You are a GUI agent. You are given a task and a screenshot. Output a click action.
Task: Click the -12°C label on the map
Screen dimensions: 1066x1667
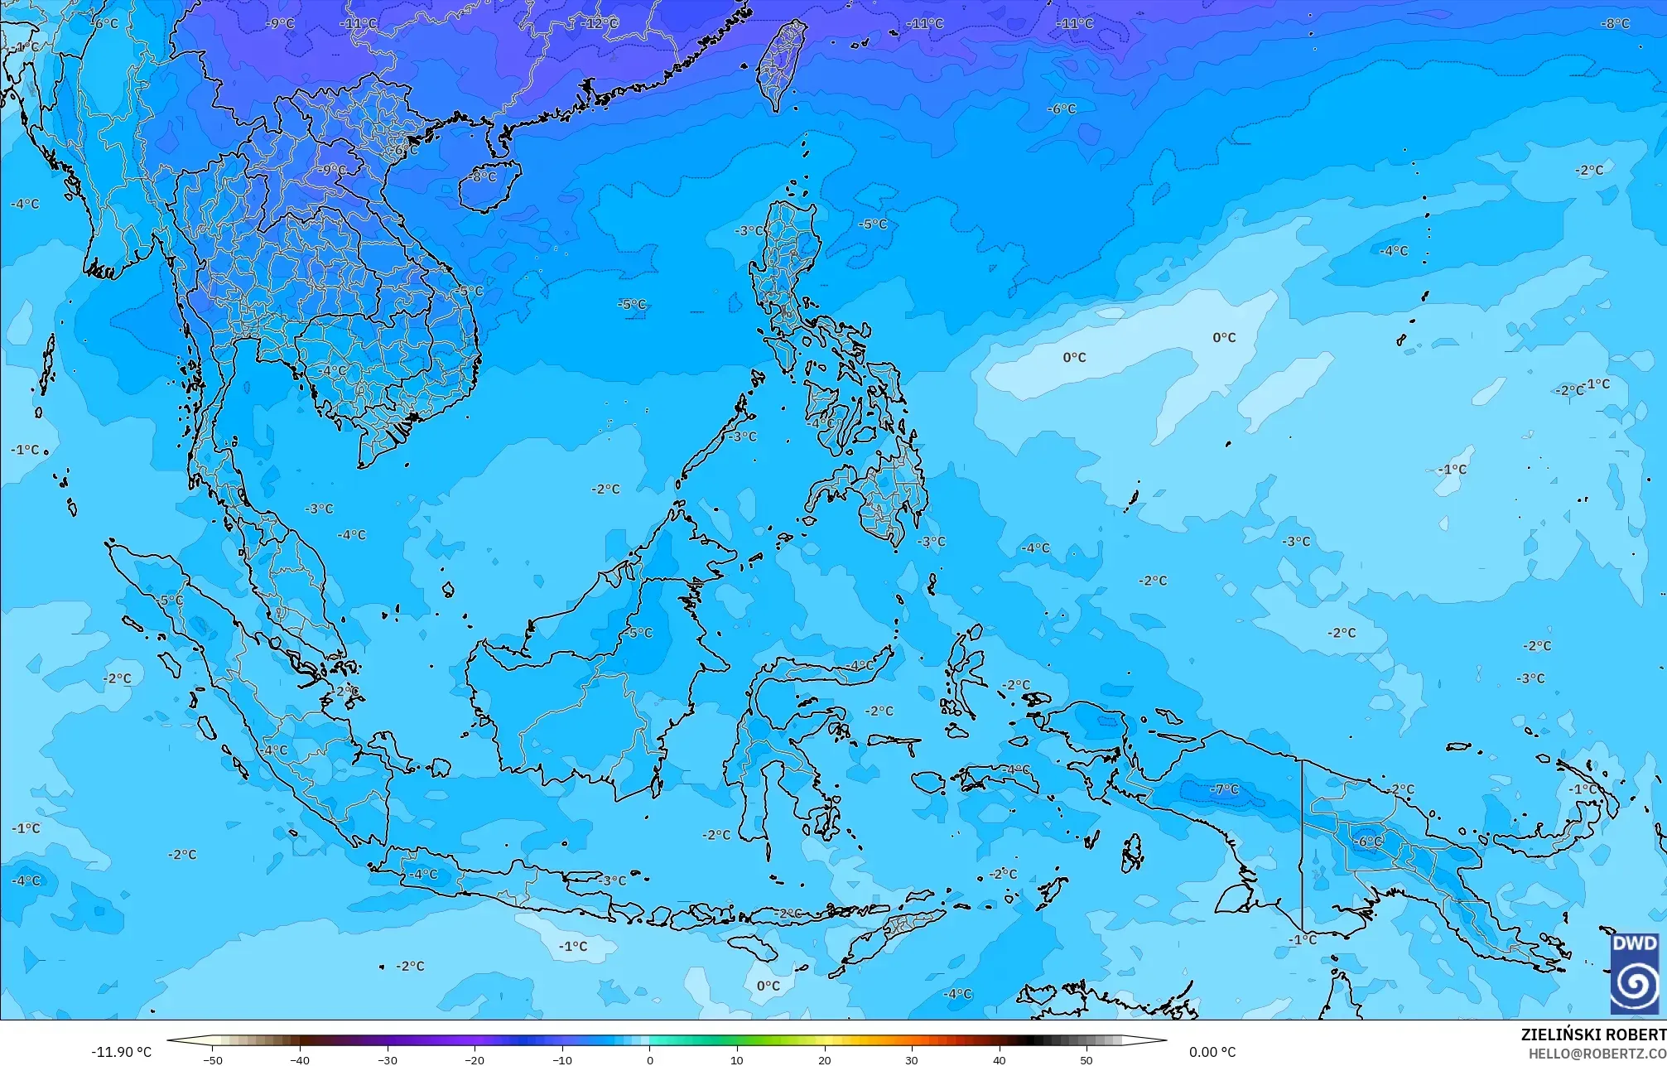600,23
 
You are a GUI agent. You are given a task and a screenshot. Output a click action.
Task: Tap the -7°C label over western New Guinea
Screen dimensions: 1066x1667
1225,789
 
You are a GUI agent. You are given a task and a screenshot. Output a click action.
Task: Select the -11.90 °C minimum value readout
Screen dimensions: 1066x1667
122,1052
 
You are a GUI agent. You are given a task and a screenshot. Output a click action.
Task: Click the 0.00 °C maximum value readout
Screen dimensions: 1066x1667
1212,1052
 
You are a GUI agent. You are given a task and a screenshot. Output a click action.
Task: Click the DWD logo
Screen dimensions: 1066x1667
1635,973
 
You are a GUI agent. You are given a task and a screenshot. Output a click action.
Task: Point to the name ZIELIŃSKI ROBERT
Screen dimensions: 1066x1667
1592,1035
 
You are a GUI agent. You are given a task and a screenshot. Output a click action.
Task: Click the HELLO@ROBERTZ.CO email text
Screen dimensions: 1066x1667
1597,1054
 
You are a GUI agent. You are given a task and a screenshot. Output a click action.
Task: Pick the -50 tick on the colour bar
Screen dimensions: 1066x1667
213,1059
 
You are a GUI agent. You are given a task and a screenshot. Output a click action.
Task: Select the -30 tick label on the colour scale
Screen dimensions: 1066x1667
388,1059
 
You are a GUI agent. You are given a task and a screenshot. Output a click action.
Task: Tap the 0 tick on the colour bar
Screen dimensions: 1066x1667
650,1059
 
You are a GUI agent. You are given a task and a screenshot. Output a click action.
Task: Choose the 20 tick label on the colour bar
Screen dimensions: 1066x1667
825,1059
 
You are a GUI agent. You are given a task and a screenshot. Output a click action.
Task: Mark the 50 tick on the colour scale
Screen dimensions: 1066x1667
1086,1059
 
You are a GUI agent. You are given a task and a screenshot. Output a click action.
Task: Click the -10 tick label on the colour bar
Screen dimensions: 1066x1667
562,1059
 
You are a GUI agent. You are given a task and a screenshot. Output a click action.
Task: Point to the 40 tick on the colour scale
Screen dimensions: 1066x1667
1000,1059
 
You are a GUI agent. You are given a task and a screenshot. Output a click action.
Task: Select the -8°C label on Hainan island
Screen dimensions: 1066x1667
484,176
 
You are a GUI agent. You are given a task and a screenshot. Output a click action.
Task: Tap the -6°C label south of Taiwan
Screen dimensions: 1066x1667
1062,109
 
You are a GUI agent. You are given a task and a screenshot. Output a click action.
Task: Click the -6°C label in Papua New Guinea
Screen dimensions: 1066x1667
1368,842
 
